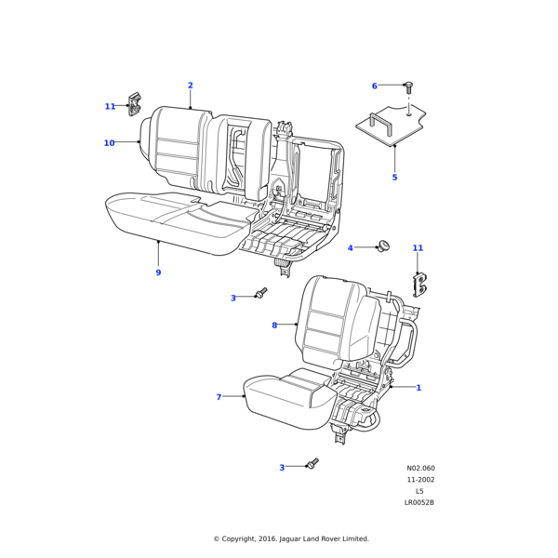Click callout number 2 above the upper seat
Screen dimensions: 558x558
191,86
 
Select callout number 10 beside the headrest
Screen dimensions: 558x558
109,142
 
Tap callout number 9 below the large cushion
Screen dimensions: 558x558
158,272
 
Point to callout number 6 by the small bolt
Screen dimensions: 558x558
375,86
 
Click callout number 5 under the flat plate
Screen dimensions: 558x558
394,177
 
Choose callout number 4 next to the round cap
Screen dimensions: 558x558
351,248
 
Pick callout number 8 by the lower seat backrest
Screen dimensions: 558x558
274,325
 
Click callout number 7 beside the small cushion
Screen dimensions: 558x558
219,397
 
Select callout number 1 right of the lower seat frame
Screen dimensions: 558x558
418,388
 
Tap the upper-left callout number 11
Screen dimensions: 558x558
110,106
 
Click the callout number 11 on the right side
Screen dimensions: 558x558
418,248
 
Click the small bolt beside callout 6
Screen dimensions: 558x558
407,86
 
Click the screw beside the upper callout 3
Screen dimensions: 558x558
260,294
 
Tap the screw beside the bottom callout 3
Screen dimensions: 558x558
312,462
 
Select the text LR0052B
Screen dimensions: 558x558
419,503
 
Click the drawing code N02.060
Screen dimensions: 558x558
420,469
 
